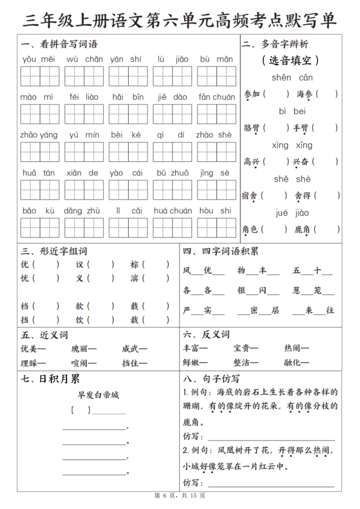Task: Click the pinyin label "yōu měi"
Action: pos(38,59)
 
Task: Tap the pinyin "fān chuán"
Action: pos(216,97)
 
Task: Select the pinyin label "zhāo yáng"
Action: pos(38,135)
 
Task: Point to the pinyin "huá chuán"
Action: pos(173,210)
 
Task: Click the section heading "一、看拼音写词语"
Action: pos(59,44)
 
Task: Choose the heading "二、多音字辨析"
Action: pos(275,44)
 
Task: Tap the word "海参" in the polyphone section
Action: pos(304,94)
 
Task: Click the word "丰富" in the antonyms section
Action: pos(191,349)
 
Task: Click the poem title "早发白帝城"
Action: pos(98,395)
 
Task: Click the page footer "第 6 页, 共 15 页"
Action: pos(180,496)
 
